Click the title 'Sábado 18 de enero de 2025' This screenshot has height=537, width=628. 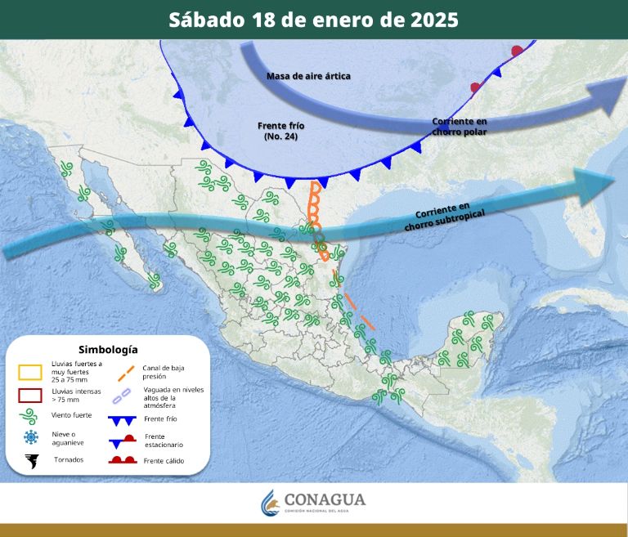point(313,19)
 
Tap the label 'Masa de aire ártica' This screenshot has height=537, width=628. point(308,76)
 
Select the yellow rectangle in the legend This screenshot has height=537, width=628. point(30,372)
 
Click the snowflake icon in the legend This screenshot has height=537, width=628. point(31,436)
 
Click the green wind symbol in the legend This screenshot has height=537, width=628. point(31,416)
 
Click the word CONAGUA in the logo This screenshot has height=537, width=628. point(325,499)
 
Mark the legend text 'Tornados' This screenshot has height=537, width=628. point(69,460)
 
